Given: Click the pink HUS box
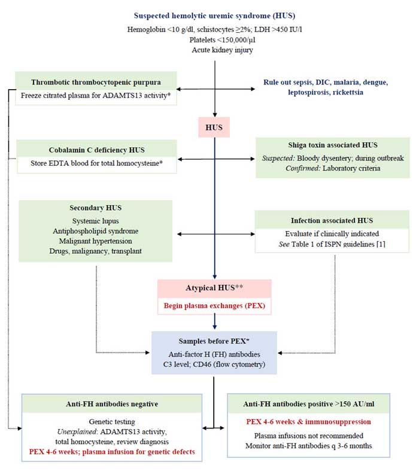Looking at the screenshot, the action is pos(214,127).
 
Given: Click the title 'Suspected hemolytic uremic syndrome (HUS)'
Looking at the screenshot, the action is pos(214,16).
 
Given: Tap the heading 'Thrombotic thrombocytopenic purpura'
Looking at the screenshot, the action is pos(96,82).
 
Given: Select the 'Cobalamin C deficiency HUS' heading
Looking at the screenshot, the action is pos(97,150).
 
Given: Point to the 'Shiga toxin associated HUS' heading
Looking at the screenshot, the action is pos(333,145).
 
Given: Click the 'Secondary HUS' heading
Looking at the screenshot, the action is pos(96,208).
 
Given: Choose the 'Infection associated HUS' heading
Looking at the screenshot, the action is pos(332,220).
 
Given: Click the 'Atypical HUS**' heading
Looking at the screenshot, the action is pos(214,288).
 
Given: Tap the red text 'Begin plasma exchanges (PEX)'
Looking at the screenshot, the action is pos(214,306).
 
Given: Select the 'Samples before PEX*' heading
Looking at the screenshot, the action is pos(214,341).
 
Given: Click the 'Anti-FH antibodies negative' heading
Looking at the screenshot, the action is pos(112,404).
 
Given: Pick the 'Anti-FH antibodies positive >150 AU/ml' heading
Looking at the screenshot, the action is pos(309,404).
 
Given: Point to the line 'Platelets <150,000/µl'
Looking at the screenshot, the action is pos(222,39).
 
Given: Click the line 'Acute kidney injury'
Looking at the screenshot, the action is pos(222,50).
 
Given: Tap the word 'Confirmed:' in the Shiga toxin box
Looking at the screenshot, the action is pos(303,168).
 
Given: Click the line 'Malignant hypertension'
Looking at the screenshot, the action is pos(96,241).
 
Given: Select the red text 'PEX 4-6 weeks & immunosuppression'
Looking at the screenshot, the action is pos(308,422).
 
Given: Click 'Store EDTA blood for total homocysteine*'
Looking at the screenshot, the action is pos(97,163).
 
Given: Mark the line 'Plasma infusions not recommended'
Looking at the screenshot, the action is pos(308,436).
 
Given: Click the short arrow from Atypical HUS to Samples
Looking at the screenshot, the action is pos(214,321).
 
